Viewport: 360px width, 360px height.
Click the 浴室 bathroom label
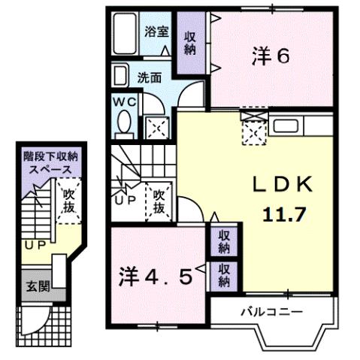pyautogui.click(x=158, y=33)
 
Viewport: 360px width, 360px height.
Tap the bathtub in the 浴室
pyautogui.click(x=126, y=35)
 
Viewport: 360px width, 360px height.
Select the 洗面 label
pyautogui.click(x=149, y=77)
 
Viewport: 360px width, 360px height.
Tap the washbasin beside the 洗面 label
pyautogui.click(x=121, y=76)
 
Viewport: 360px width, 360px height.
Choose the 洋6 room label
pyautogui.click(x=271, y=56)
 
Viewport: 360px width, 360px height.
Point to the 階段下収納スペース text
pyautogui.click(x=50, y=163)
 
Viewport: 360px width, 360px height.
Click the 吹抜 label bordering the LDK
pyautogui.click(x=160, y=201)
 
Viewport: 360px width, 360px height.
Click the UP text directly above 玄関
pyautogui.click(x=32, y=245)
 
